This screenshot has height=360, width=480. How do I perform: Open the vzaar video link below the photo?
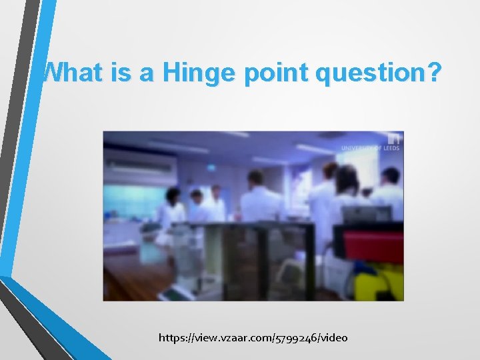[x=253, y=338]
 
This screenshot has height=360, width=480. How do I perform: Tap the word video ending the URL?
[x=334, y=338]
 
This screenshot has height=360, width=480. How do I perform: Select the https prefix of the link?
[x=173, y=338]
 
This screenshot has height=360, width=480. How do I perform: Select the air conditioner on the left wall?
[x=141, y=164]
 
